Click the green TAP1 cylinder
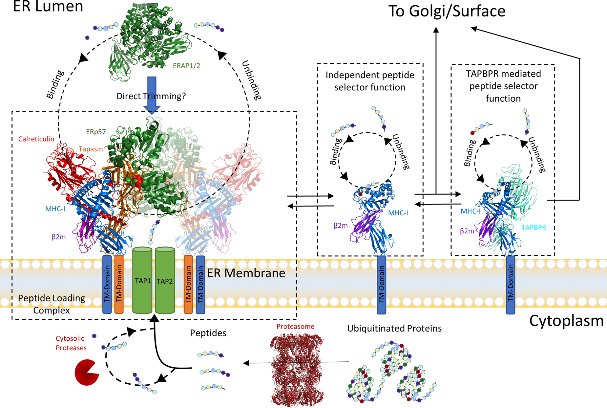[142, 281]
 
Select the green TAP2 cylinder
[165, 281]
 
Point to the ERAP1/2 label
[186, 66]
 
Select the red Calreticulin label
[36, 139]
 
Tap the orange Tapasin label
[91, 149]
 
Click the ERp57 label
[96, 132]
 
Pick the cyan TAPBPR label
[534, 227]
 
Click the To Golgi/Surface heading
[447, 11]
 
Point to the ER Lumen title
[48, 7]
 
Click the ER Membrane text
[246, 273]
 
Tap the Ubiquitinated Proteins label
[394, 329]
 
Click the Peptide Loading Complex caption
[52, 304]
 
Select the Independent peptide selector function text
[370, 81]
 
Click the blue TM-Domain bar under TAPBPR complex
[511, 284]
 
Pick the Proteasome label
[295, 327]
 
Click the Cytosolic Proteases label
[71, 343]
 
